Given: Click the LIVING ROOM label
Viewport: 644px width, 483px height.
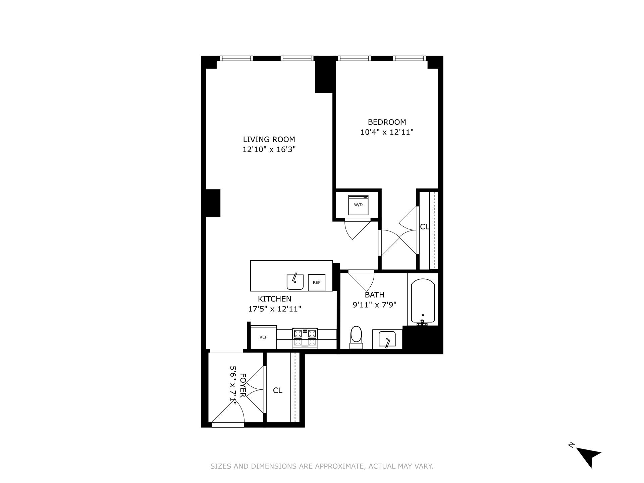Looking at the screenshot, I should (269, 139).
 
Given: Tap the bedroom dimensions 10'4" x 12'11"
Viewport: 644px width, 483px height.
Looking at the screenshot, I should (387, 132).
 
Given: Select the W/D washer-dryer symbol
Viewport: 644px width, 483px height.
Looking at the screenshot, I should (358, 205).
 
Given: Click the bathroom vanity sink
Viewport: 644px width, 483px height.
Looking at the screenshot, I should (387, 339).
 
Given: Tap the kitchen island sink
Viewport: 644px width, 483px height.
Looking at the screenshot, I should (295, 281).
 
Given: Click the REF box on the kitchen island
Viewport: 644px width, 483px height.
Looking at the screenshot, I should (317, 282).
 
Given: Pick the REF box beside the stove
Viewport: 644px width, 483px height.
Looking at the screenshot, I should (263, 337).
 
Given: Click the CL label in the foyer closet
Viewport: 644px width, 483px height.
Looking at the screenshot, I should (278, 390).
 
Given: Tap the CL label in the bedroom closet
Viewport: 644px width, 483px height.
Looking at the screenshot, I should (425, 227).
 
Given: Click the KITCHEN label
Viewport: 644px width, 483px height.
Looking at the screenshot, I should (274, 299).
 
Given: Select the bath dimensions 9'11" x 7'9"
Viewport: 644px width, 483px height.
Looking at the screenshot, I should (374, 305).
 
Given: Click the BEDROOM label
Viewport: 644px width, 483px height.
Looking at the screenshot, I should (387, 122).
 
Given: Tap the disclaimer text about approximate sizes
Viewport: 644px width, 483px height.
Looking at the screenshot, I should (322, 466).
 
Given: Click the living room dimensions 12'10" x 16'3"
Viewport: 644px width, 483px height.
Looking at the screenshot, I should (269, 149).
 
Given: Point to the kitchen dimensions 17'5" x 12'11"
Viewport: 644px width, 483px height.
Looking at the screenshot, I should (274, 309).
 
